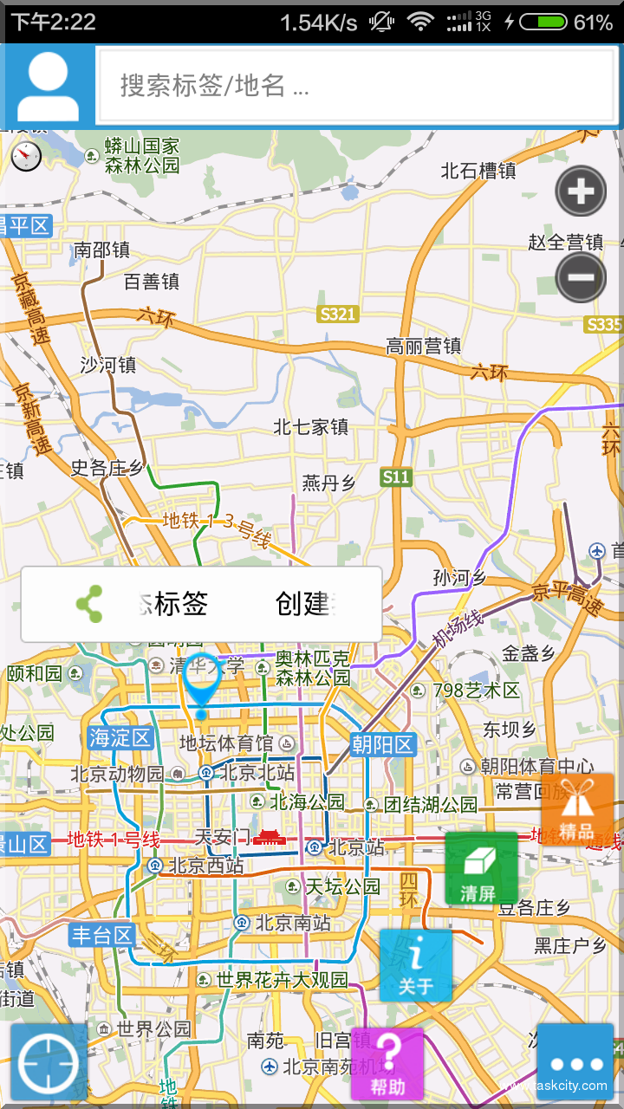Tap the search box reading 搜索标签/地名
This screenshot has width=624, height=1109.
(x=359, y=85)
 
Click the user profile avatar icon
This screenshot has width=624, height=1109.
(x=49, y=85)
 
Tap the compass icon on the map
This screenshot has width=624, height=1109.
(x=27, y=155)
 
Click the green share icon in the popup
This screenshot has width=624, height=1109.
(x=88, y=604)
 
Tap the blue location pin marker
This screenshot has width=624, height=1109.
(x=202, y=685)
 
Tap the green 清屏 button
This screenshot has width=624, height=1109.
(x=481, y=869)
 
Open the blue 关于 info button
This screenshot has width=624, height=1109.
(x=416, y=965)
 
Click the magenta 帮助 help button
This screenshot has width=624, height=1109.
(x=387, y=1064)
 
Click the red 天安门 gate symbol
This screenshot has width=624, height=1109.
(x=270, y=838)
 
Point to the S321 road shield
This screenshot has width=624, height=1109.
(x=337, y=314)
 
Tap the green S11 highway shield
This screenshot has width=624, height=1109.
(x=396, y=477)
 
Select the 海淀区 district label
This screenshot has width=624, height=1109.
(x=120, y=738)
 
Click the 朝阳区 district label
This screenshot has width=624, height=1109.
(x=383, y=744)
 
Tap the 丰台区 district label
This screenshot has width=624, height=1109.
(x=102, y=935)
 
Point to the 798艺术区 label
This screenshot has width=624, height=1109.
(x=476, y=691)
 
